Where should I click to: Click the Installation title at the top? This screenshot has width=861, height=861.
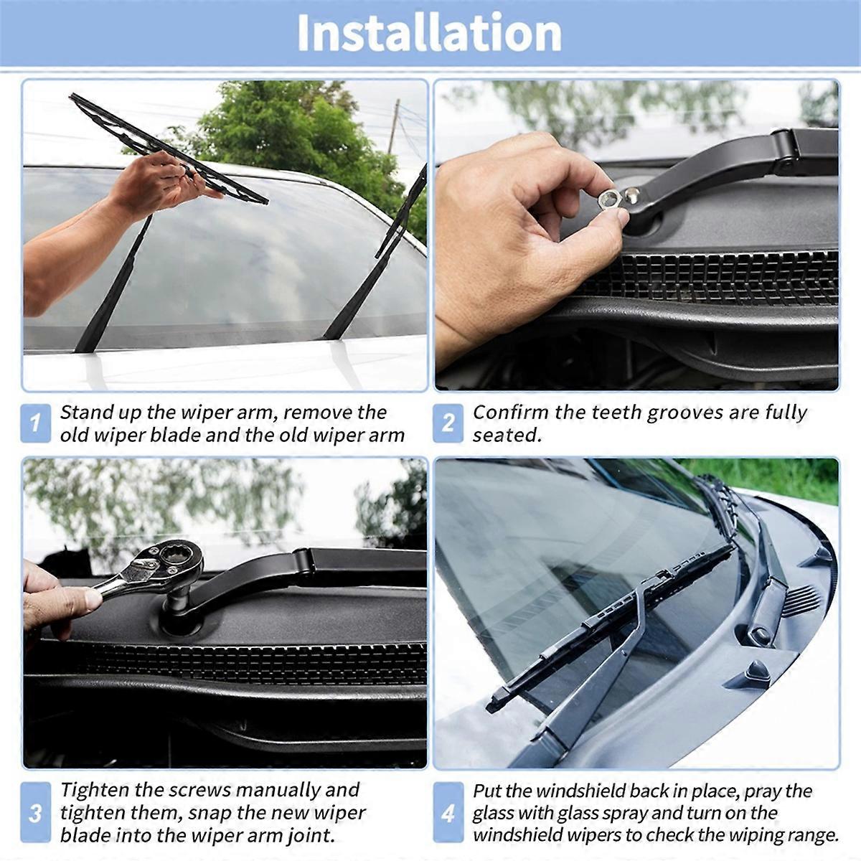point(429,33)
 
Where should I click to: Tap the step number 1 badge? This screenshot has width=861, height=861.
point(35,423)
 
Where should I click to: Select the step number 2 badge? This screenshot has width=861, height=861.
point(448,423)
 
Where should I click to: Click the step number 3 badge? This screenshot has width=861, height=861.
point(35,813)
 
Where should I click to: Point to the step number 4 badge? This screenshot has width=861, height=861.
point(448,813)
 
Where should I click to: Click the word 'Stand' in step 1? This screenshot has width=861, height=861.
point(87,413)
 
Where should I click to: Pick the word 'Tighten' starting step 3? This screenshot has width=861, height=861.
point(94,790)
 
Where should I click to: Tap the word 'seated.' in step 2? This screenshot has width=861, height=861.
point(507,436)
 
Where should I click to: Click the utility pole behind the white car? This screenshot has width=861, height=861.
point(394,126)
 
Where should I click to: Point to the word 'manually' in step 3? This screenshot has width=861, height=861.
point(277,790)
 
